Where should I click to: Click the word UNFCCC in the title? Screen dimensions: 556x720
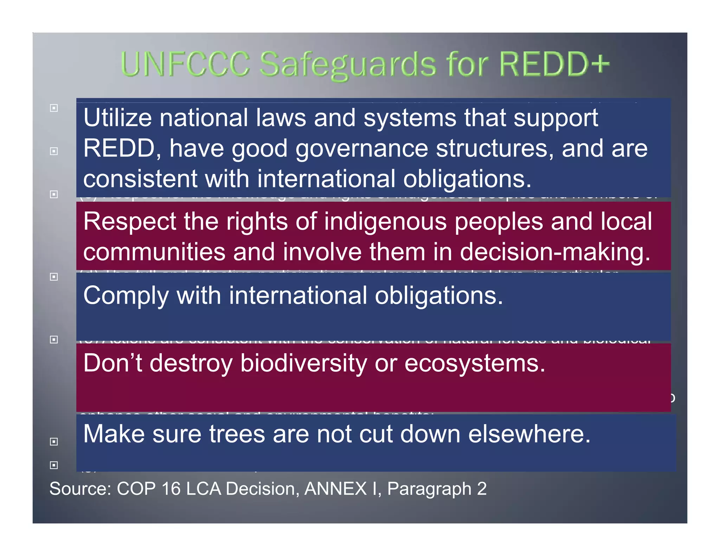point(185,64)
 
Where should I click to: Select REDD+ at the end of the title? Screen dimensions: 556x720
point(554,64)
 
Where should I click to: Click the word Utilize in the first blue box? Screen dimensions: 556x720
point(117,118)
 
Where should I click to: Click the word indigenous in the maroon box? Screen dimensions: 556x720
point(385,222)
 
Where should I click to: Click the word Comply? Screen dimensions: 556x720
point(126,296)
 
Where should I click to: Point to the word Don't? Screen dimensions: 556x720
point(112,363)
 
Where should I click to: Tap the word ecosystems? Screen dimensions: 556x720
point(475,364)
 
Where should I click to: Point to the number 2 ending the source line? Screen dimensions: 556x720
point(482,489)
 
